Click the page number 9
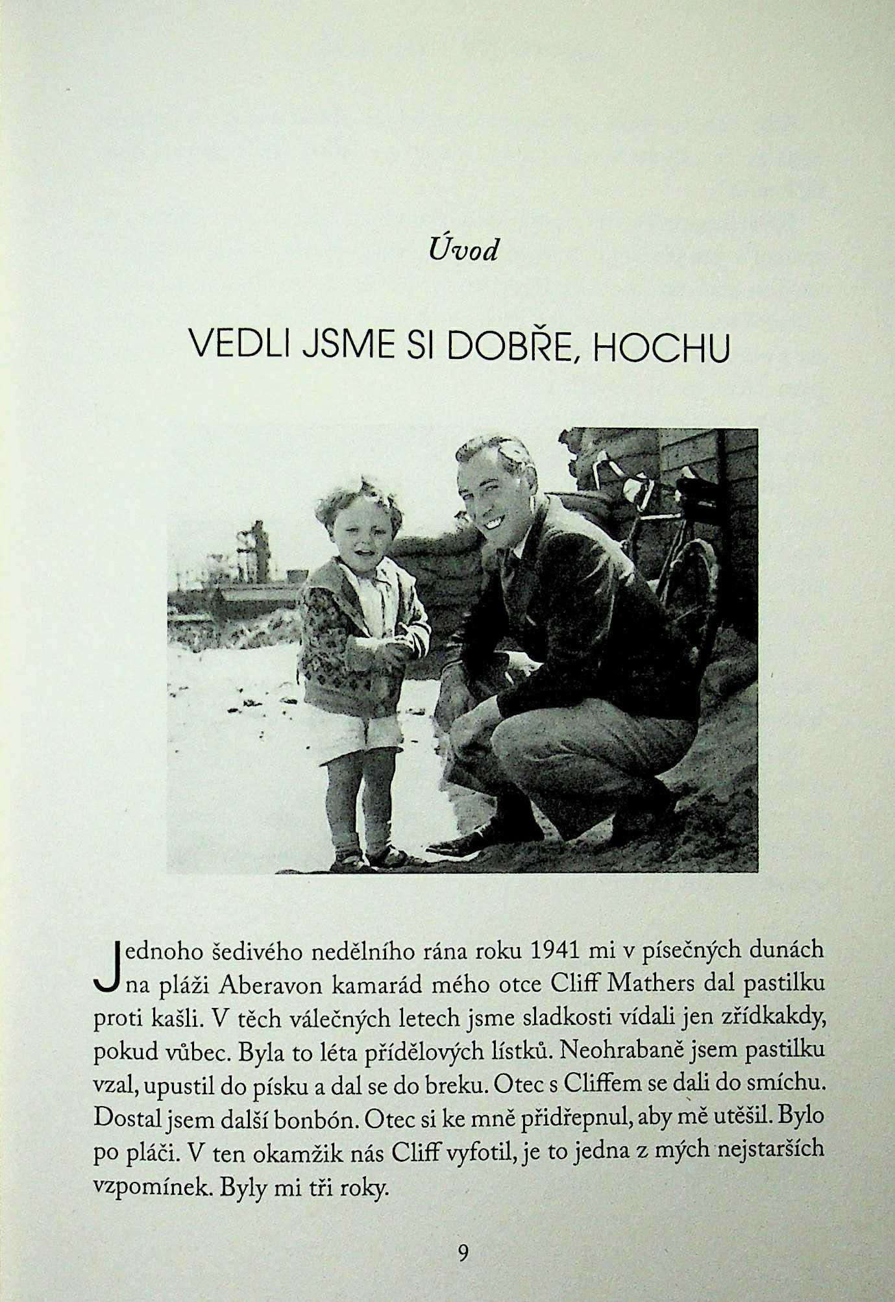(463, 1252)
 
